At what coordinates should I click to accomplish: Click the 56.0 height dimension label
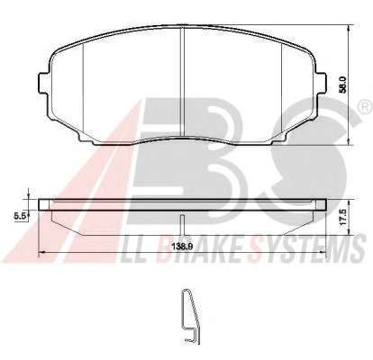point(344,85)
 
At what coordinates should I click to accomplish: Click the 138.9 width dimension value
point(182,247)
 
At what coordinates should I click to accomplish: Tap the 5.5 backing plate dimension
point(21,215)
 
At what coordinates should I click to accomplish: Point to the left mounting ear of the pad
point(44,83)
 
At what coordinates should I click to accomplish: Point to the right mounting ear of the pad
point(321,83)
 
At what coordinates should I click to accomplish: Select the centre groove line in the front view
point(182,82)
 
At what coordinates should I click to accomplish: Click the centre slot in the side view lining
point(182,225)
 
